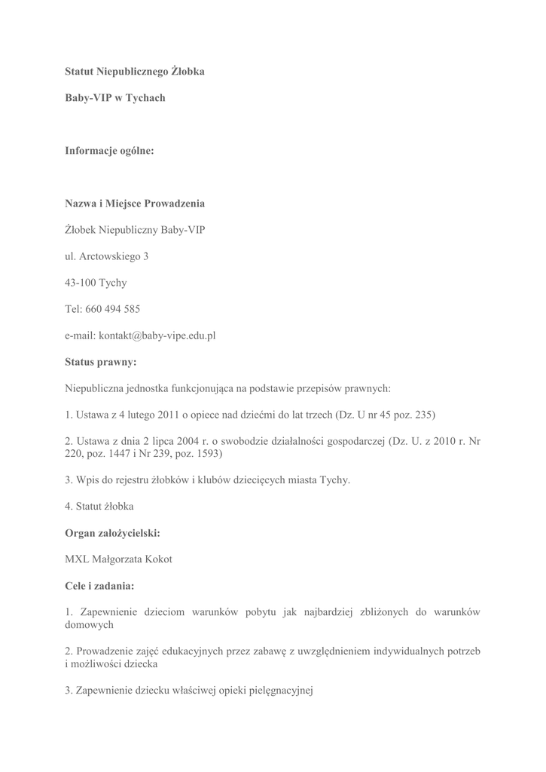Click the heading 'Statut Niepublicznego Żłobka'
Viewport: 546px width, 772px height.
134,72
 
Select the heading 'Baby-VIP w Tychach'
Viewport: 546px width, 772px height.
114,98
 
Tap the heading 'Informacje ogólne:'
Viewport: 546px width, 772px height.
109,151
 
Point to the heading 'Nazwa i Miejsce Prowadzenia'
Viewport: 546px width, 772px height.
134,204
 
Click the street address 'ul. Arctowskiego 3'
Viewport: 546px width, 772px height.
106,256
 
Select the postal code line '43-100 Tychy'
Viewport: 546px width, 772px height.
96,283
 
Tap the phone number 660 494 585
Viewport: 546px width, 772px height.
113,309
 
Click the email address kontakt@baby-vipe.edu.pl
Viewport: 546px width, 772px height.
157,335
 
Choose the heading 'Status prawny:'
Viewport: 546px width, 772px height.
100,362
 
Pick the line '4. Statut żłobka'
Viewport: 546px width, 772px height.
99,507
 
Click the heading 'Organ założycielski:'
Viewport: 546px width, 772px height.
112,533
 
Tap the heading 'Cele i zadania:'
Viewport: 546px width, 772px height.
99,586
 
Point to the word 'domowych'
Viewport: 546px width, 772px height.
89,625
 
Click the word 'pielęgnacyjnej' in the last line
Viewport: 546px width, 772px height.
277,691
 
